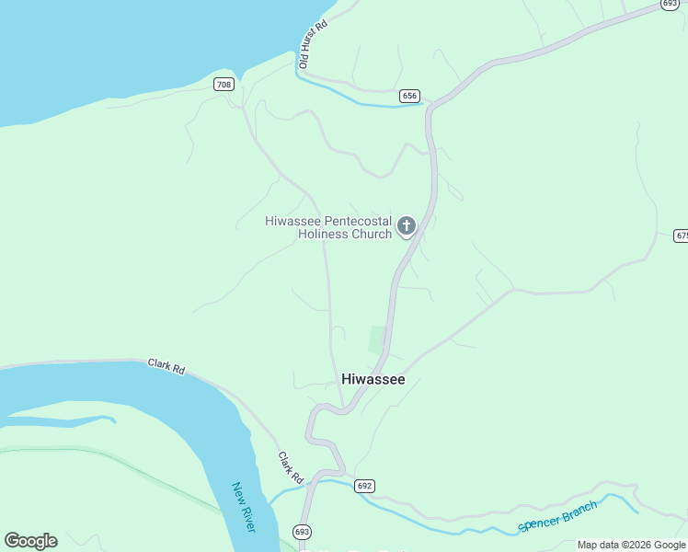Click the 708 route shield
[x=224, y=85]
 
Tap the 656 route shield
[x=410, y=96]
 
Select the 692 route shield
[x=365, y=486]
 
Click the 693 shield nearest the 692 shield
[x=303, y=532]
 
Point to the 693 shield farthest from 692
[x=671, y=5]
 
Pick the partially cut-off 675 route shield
[x=681, y=236]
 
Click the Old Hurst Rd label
[x=314, y=46]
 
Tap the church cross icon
[x=406, y=225]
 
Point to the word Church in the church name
[x=372, y=234]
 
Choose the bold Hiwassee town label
[x=373, y=379]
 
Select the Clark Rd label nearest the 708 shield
[x=166, y=366]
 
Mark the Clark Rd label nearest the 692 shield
[x=291, y=467]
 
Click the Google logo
[x=30, y=541]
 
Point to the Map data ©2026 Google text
[x=631, y=545]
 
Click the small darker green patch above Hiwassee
[x=375, y=339]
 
